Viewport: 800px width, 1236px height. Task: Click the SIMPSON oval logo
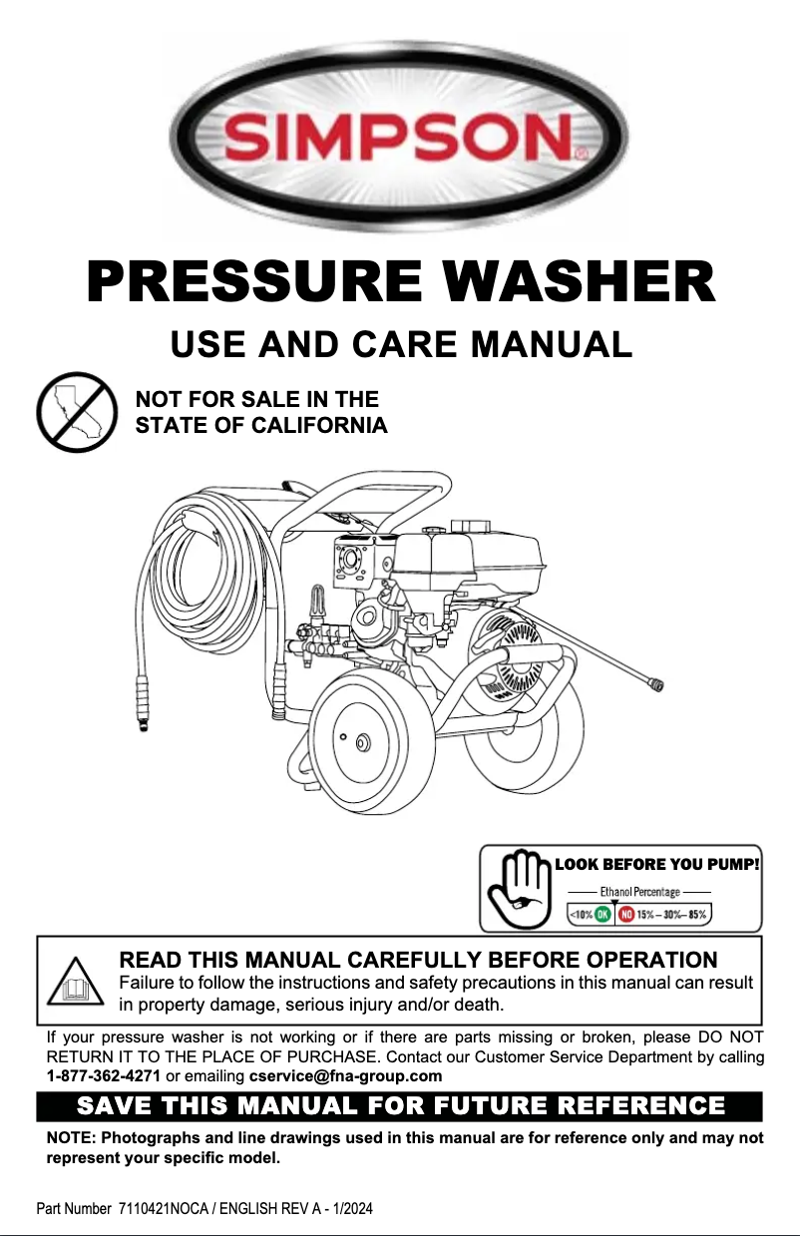coord(400,136)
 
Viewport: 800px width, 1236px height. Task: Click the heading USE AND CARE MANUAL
coord(401,344)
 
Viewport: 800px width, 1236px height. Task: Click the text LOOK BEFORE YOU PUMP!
coord(657,864)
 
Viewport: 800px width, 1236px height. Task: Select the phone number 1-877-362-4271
coord(104,1076)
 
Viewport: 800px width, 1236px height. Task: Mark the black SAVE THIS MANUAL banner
coord(399,1106)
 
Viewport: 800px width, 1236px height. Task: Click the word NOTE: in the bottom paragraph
coord(72,1138)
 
